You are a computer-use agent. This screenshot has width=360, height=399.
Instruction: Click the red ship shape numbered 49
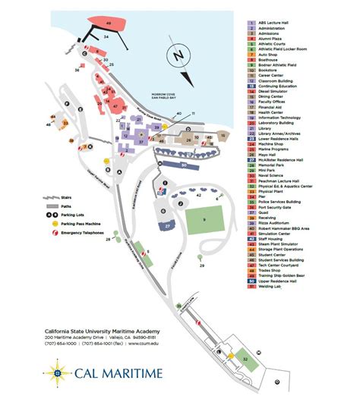coord(109,24)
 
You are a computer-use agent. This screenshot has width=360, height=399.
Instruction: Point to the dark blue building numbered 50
coord(184,164)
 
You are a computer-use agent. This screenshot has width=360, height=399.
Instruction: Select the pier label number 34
coord(106,36)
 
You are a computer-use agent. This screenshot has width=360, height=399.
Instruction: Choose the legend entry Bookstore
coord(272,71)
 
